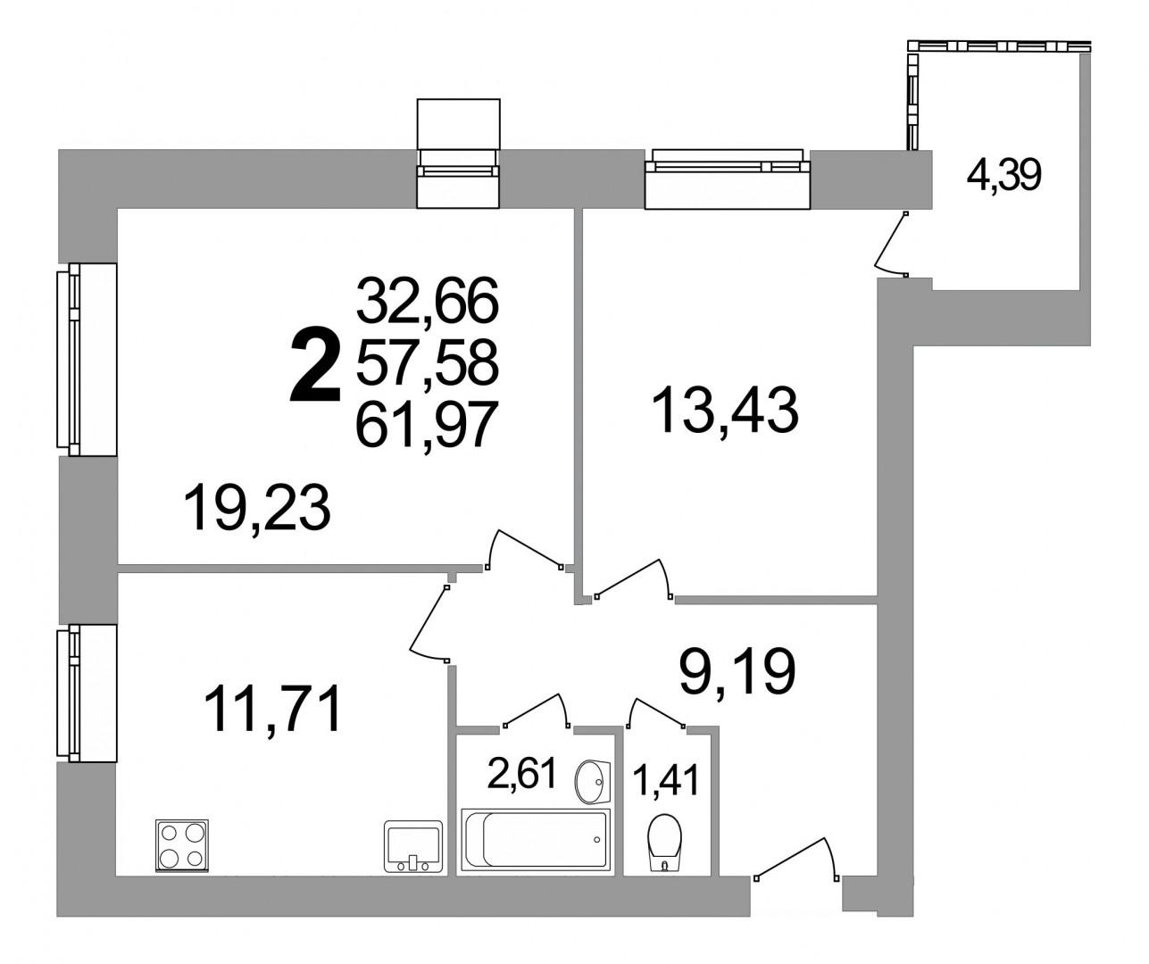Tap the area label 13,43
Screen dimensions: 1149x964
click(725, 410)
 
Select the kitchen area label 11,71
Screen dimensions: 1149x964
click(272, 709)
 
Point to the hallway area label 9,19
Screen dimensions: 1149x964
click(738, 672)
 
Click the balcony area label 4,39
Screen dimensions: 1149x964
click(1004, 176)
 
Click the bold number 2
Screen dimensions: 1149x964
click(316, 363)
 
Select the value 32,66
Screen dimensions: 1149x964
click(428, 299)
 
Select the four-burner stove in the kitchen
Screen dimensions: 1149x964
click(182, 845)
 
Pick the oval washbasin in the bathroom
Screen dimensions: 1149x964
click(592, 781)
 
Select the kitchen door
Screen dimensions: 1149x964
click(429, 623)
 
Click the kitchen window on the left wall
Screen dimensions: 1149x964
click(87, 693)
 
